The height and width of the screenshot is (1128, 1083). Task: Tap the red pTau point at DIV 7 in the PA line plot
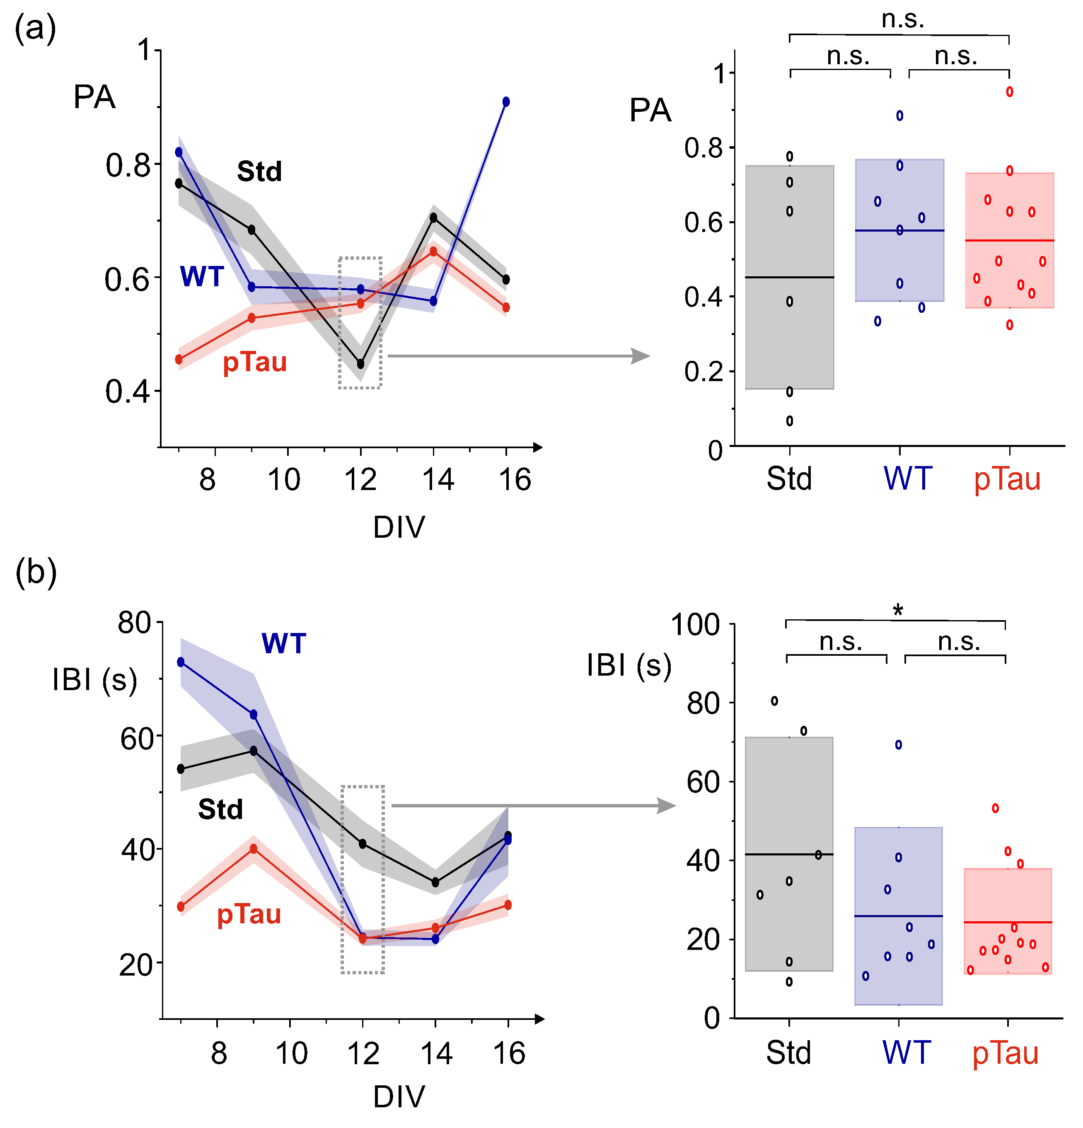point(179,360)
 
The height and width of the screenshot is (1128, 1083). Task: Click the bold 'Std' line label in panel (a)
point(259,171)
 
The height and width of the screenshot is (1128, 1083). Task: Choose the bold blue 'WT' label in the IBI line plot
point(284,643)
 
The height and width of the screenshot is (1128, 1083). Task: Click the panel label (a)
point(35,29)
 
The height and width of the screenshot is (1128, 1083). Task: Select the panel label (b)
point(36,572)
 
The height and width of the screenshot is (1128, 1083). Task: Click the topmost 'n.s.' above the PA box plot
point(902,19)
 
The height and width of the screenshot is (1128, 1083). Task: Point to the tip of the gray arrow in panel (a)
point(648,356)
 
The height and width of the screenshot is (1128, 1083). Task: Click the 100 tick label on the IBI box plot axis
point(696,625)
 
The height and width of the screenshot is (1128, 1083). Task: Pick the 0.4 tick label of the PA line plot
point(127,392)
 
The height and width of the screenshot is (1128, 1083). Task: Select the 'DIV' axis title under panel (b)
point(399,1096)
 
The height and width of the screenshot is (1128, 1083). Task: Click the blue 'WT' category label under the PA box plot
point(907,478)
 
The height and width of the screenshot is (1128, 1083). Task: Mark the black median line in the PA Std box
point(790,278)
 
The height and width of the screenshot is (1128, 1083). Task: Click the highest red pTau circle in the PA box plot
point(1009,92)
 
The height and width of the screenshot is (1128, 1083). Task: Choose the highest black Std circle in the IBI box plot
point(775,701)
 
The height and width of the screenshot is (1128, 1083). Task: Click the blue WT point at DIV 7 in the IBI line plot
point(181,662)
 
